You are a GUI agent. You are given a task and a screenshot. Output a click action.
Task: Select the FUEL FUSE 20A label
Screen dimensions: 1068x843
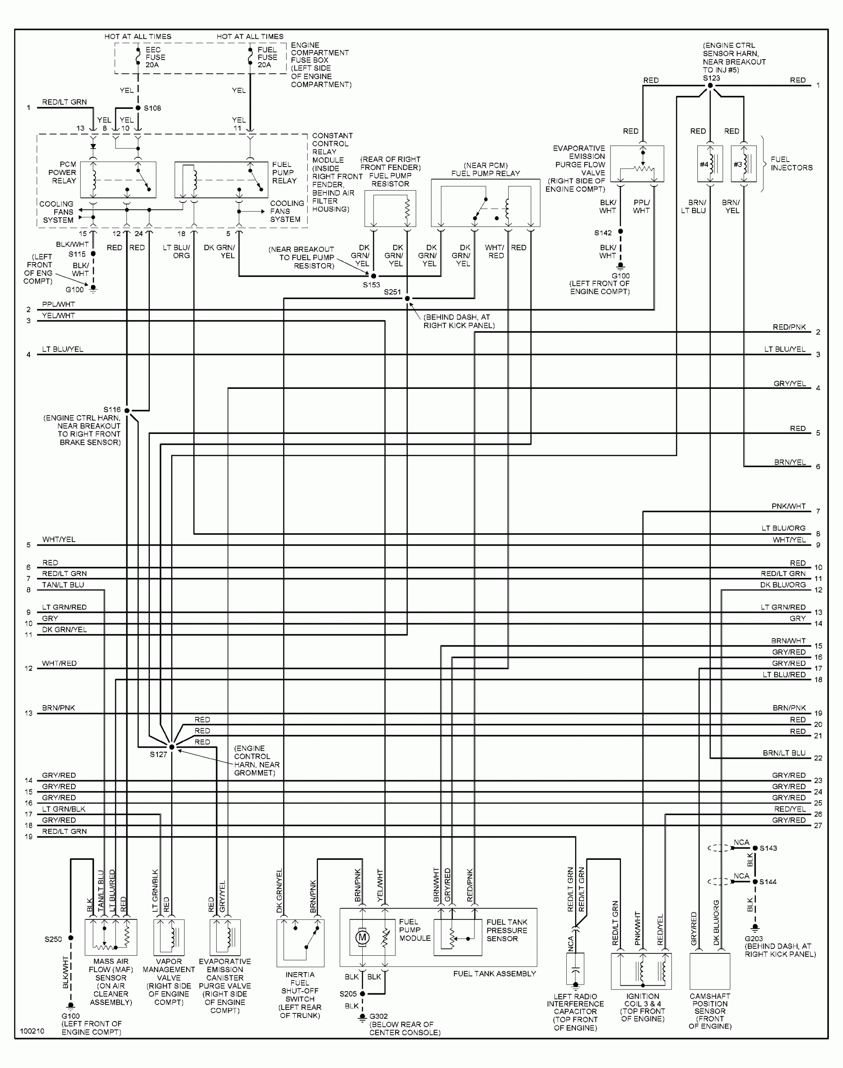267,57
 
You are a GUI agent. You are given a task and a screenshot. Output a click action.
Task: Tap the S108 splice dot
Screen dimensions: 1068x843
138,108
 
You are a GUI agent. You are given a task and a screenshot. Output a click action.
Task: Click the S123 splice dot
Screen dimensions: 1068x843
710,86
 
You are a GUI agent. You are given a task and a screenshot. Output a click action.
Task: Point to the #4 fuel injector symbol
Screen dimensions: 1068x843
710,164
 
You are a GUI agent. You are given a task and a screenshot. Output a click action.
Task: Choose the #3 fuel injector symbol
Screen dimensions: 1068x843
743,164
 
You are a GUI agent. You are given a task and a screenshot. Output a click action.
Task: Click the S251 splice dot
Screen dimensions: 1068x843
407,298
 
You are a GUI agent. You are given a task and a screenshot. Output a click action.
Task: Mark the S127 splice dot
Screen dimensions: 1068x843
172,747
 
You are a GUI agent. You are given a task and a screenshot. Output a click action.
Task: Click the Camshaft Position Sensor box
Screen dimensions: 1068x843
710,971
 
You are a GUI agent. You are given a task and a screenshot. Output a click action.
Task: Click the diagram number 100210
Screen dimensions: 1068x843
32,1031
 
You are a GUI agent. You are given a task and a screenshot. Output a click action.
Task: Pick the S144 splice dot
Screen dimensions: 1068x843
755,882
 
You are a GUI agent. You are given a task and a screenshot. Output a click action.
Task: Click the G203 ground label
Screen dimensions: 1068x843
754,939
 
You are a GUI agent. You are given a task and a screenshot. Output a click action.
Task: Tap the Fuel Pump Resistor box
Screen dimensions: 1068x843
390,209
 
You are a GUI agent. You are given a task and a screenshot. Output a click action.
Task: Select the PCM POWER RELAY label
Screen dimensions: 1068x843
62,173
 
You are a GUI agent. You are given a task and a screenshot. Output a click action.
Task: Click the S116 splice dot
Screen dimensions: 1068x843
127,411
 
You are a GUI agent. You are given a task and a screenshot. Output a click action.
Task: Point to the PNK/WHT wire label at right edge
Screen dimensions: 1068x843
788,506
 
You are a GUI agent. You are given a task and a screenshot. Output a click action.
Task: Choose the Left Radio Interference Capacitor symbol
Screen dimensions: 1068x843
575,970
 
